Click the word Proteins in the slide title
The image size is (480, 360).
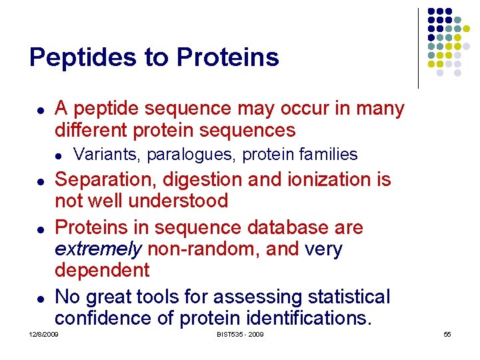[x=228, y=58]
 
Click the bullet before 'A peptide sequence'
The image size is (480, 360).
[x=41, y=109]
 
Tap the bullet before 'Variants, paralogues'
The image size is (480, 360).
[x=59, y=155]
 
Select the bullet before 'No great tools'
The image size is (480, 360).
[x=41, y=297]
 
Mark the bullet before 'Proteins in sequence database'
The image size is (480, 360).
[x=41, y=229]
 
